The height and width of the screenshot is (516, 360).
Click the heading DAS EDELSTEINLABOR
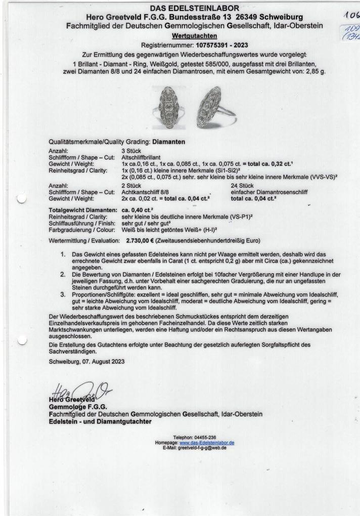click(195, 9)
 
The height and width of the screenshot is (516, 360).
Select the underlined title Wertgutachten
click(195, 35)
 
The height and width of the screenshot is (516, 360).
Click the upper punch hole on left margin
click(21, 199)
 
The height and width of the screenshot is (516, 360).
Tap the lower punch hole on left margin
click(21, 342)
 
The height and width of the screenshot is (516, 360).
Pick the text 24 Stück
click(241, 186)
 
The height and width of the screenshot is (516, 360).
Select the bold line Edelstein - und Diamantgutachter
click(100, 421)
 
